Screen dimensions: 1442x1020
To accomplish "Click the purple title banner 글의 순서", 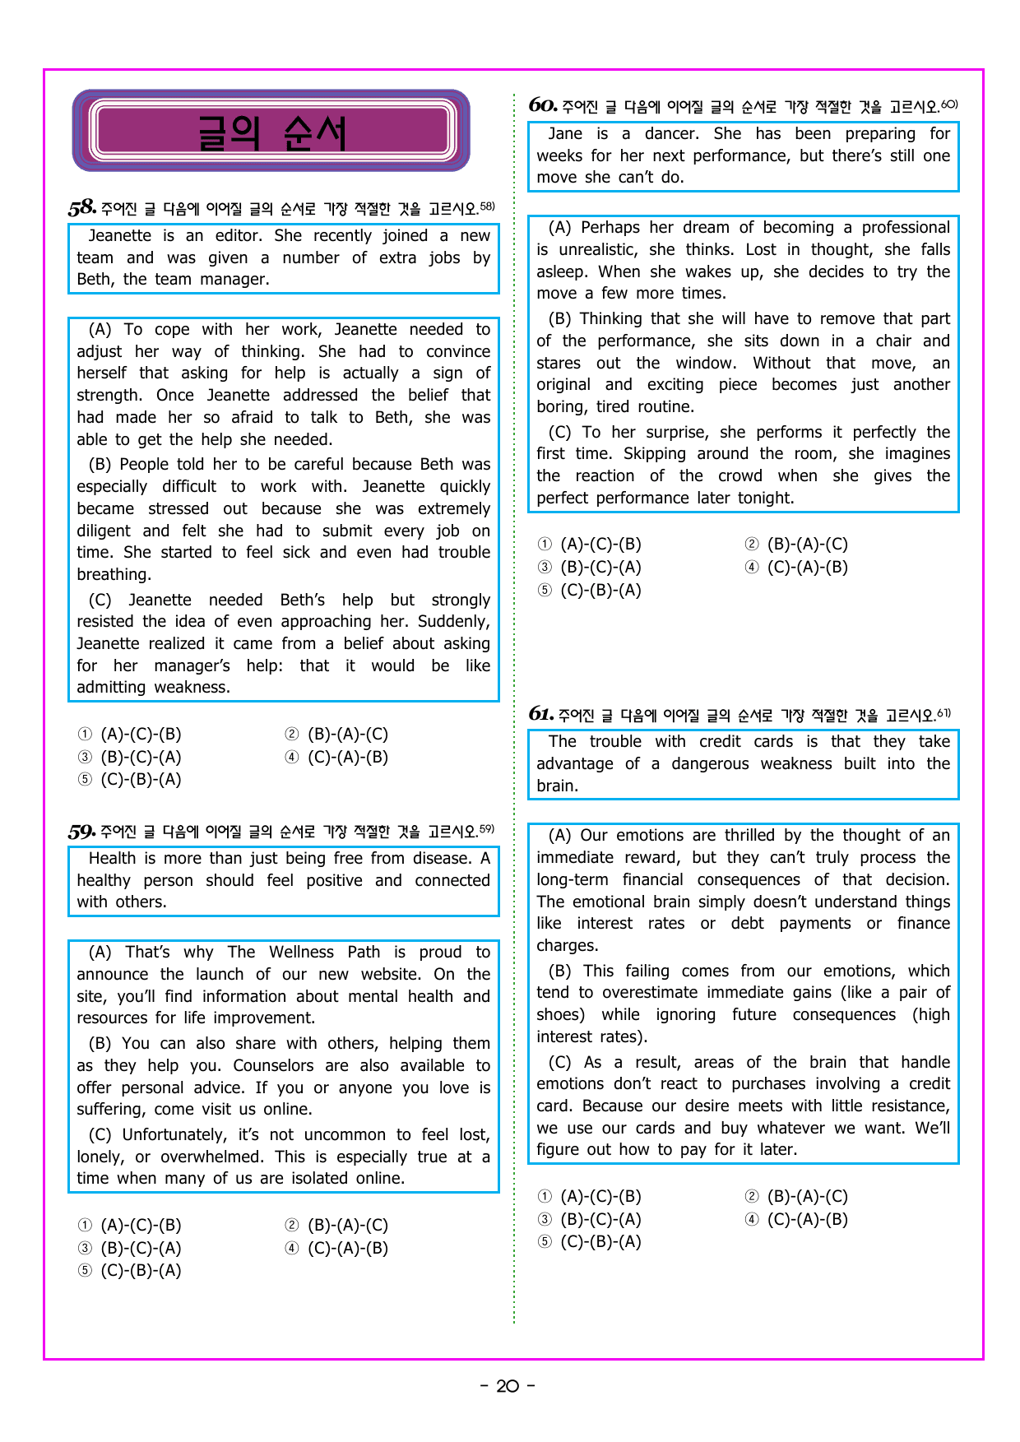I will point(271,131).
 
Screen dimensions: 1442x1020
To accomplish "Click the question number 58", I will point(82,207).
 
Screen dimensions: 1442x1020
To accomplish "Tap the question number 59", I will point(82,831).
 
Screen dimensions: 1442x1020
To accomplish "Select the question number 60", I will point(543,105).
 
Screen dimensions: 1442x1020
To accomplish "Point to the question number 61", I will point(540,714).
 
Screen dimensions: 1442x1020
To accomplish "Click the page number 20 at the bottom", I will point(508,1386).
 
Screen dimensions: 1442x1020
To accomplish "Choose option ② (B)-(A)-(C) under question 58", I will point(337,734).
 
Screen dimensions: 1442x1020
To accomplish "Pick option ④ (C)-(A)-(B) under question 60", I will point(797,567).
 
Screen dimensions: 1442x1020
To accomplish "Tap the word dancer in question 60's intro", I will point(672,133).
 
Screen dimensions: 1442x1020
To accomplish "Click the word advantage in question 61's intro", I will point(574,763).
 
